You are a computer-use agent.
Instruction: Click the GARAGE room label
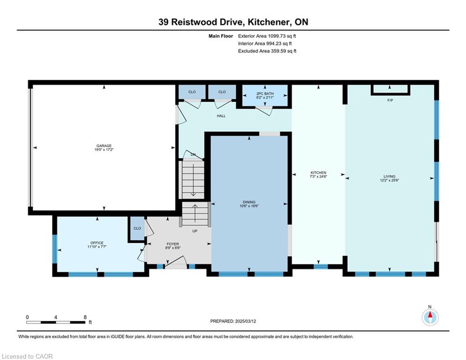pos(104,146)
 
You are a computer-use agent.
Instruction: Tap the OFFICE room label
pos(97,243)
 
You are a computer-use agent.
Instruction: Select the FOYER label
pos(173,244)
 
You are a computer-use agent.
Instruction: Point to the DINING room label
pos(249,202)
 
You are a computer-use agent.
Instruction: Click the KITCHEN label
pos(318,172)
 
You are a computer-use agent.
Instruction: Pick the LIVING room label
pos(389,176)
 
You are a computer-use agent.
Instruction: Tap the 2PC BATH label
pos(265,93)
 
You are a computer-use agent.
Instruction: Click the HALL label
pos(221,116)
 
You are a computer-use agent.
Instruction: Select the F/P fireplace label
pos(390,100)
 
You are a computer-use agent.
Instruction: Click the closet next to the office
pos(137,228)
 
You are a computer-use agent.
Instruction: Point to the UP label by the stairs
pos(195,231)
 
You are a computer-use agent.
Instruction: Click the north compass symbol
pos(430,317)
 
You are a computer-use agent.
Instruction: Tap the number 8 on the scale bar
pos(85,317)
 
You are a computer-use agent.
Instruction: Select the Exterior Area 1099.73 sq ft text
pos(267,36)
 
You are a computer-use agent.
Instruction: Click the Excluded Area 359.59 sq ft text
pos(267,51)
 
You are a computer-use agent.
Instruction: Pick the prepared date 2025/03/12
pos(245,321)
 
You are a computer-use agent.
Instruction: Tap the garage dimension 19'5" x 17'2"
pos(104,150)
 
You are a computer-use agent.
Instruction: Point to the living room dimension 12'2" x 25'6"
pos(389,180)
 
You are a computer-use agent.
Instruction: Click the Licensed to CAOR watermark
pos(27,356)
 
